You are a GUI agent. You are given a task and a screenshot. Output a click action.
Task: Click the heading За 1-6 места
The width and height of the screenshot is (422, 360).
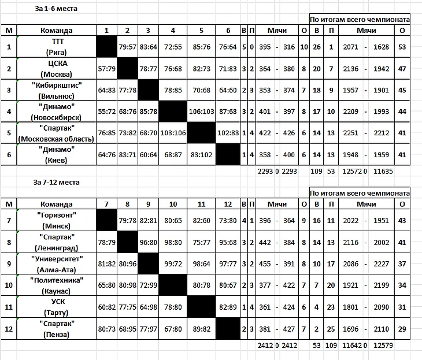pyautogui.click(x=55, y=9)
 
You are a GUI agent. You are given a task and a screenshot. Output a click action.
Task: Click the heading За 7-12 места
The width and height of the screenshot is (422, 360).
pyautogui.click(x=57, y=182)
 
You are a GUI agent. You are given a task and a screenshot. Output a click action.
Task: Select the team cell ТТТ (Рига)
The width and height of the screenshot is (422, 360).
pyautogui.click(x=57, y=47)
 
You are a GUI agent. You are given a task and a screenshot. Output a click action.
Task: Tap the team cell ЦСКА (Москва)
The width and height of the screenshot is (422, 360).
pyautogui.click(x=57, y=69)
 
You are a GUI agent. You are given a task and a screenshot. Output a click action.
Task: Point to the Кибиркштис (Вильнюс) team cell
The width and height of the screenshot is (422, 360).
pyautogui.click(x=57, y=90)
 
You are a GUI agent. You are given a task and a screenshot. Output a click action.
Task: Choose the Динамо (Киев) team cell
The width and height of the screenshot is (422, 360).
pyautogui.click(x=57, y=154)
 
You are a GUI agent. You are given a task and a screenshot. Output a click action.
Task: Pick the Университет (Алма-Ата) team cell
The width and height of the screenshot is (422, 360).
pyautogui.click(x=57, y=263)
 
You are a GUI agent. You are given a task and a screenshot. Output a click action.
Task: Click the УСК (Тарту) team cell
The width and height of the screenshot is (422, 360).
pyautogui.click(x=57, y=306)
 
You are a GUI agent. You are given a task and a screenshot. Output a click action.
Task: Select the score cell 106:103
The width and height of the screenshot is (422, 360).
pyautogui.click(x=200, y=112)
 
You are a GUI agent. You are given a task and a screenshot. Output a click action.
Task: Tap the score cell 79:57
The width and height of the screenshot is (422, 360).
pyautogui.click(x=127, y=47)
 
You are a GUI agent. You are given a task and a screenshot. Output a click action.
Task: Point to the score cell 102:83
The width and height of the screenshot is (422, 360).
pyautogui.click(x=228, y=133)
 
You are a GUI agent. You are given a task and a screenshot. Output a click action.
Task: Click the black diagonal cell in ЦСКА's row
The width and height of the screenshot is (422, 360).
pyautogui.click(x=127, y=69)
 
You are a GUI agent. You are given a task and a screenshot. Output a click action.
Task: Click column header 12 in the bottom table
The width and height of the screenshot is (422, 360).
pyautogui.click(x=228, y=203)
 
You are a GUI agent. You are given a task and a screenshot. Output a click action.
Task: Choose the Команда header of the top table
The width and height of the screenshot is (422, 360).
pyautogui.click(x=57, y=30)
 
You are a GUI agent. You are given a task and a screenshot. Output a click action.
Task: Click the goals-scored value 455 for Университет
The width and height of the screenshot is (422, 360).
pyautogui.click(x=266, y=263)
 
